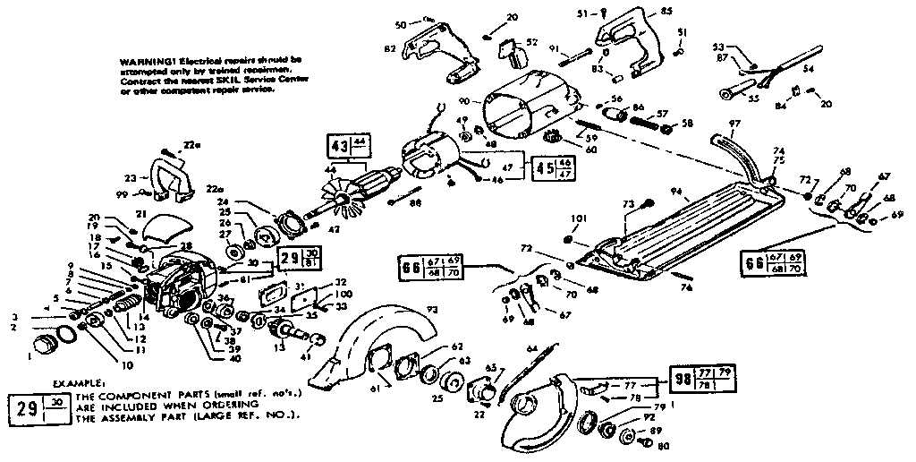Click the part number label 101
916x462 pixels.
[572, 218]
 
